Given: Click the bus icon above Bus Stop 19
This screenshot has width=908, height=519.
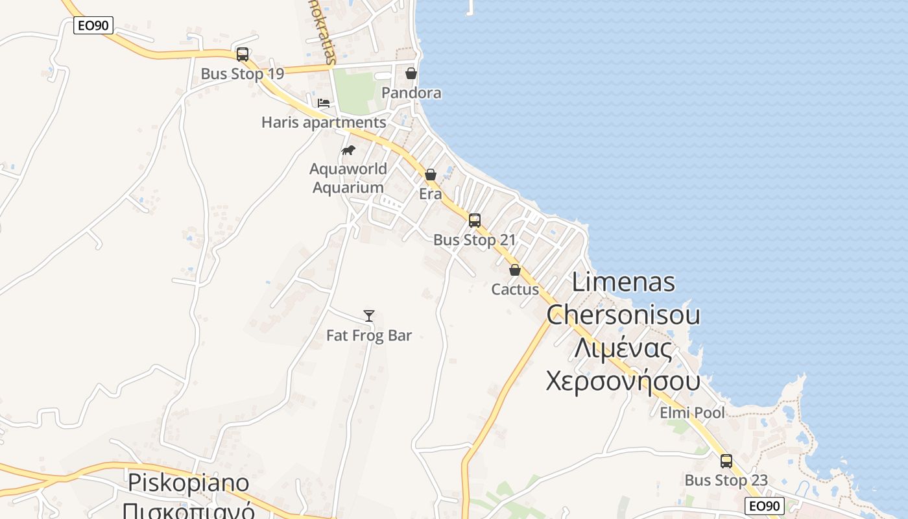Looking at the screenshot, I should (243, 54).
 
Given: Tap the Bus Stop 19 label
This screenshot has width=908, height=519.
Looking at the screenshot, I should (243, 74).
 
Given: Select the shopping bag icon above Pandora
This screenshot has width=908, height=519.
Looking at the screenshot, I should (411, 73).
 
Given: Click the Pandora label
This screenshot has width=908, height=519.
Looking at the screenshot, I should (411, 93).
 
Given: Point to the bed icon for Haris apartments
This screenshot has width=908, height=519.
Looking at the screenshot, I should (324, 103).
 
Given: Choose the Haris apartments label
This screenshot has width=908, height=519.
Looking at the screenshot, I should (324, 122).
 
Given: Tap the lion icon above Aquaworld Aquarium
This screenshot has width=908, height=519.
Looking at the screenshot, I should (348, 151).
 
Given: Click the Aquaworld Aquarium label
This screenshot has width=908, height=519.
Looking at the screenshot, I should (348, 178).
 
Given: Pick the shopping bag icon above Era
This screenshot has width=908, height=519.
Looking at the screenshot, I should (431, 175).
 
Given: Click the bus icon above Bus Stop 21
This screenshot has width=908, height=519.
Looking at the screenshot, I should (475, 221).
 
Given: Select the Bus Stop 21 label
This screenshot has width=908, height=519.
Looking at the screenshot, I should (475, 240).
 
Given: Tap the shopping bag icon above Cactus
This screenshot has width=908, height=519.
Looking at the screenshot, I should (515, 270).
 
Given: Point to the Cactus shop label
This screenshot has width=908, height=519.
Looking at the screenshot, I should (515, 289).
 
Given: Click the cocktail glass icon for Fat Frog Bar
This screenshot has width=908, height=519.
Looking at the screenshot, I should (369, 316).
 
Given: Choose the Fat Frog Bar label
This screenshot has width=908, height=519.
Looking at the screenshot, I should (369, 335).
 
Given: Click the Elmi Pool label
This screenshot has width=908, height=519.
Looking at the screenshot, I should (693, 413).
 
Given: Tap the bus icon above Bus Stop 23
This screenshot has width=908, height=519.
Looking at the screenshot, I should (726, 461).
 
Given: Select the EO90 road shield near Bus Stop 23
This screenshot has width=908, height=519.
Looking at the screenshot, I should (765, 506).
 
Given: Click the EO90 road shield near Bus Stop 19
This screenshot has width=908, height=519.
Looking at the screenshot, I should (93, 25).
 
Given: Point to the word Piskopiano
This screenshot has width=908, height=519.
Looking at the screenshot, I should (189, 483).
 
